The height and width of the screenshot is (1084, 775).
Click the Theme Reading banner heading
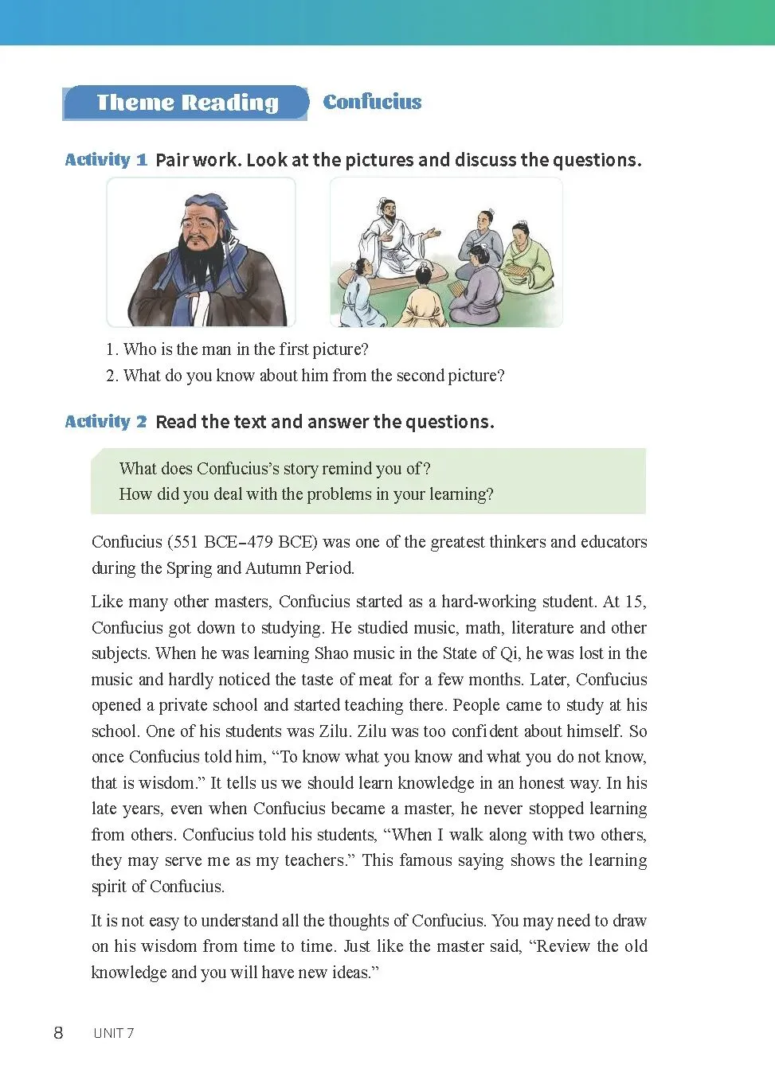pos(187,103)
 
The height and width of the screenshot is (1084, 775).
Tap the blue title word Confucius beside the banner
pos(372,102)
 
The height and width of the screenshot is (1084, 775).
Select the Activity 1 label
pos(106,159)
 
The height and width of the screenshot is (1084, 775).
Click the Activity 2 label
pos(106,421)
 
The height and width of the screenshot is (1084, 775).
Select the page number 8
pos(58,1033)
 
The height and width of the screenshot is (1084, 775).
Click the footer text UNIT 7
pos(113,1033)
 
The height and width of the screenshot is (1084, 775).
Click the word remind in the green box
pos(346,469)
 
